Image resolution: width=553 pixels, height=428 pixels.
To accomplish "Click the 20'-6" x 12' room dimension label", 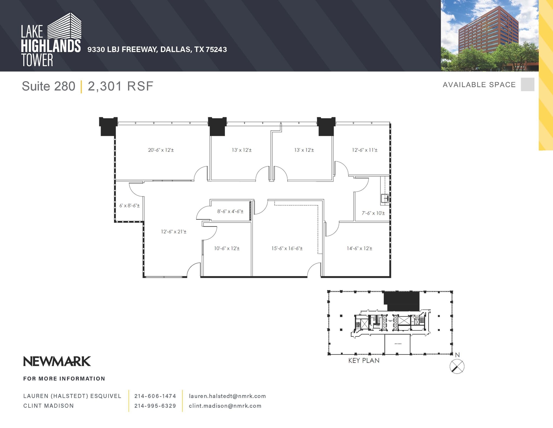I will [161, 150].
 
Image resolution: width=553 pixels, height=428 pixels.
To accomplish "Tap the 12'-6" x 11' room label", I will [365, 150].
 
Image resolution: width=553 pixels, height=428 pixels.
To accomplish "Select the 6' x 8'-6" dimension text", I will [129, 206].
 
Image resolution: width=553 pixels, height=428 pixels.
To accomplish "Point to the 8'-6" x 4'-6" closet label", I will [230, 211].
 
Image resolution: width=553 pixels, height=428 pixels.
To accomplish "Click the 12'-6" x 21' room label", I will [174, 232].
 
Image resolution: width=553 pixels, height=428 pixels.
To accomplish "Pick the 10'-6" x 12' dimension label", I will [227, 248].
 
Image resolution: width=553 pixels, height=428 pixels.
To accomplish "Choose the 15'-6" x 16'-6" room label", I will [287, 248].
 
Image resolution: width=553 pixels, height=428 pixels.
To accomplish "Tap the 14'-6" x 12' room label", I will [359, 248].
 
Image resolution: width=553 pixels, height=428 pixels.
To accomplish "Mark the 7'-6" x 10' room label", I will [373, 213].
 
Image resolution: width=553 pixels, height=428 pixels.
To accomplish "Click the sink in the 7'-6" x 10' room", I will [385, 198].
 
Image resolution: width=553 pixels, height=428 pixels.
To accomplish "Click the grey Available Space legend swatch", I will [527, 84].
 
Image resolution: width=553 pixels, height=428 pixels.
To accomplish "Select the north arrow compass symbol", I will [457, 367].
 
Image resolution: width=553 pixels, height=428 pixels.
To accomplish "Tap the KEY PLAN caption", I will [364, 361].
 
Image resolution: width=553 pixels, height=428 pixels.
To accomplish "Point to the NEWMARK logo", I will [57, 361].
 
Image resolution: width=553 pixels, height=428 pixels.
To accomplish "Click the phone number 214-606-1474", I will [155, 396].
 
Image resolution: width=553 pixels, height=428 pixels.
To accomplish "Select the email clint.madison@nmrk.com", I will [225, 406].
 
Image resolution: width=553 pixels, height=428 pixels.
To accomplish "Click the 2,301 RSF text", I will [120, 86].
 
